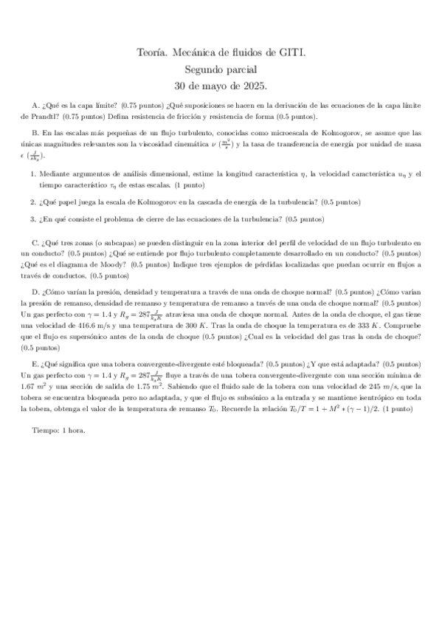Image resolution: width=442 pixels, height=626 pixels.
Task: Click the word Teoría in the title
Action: click(151, 52)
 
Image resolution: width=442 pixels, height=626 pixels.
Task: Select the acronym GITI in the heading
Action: click(291, 52)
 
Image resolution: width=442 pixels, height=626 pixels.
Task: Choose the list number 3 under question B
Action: click(32, 219)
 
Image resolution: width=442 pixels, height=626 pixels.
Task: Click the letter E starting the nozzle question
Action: click(35, 364)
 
